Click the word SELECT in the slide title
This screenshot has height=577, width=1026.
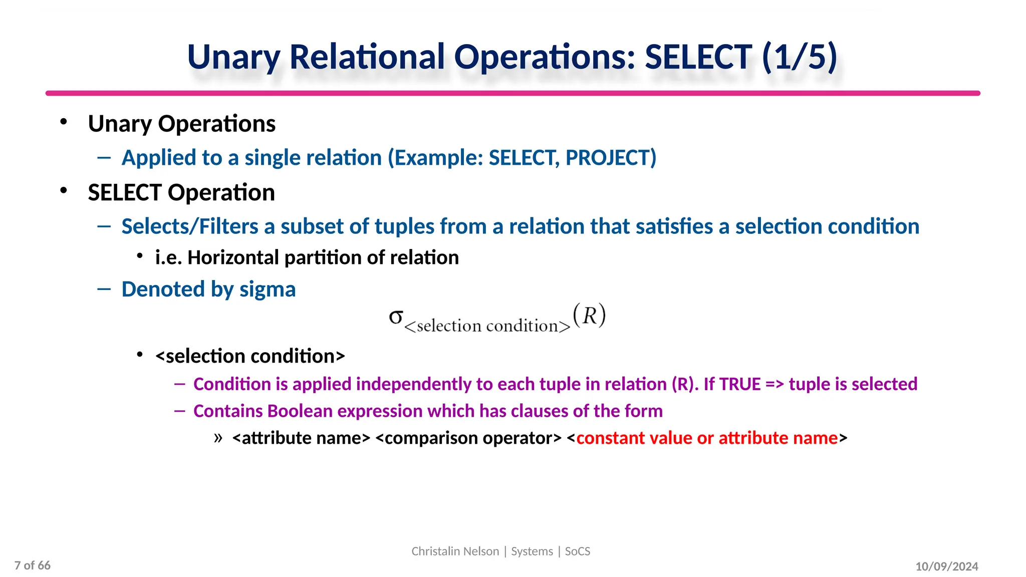tap(698, 57)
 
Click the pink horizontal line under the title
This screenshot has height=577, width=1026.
tap(512, 93)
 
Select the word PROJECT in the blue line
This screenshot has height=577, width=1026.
tap(611, 158)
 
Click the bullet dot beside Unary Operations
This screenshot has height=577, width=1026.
tap(63, 122)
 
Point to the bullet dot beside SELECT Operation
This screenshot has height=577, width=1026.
tap(63, 190)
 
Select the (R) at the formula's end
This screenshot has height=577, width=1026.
tap(590, 316)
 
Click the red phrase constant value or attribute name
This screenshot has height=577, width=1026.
tap(707, 438)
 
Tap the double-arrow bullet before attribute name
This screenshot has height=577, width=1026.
tap(218, 437)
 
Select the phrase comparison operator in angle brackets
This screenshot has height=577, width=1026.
tap(468, 438)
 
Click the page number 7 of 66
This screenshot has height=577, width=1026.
tap(33, 565)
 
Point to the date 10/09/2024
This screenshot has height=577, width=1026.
tap(946, 566)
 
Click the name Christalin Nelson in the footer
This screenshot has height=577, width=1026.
tap(455, 551)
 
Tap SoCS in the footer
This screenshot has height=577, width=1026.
tap(578, 551)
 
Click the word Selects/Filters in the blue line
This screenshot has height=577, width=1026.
tap(190, 227)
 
